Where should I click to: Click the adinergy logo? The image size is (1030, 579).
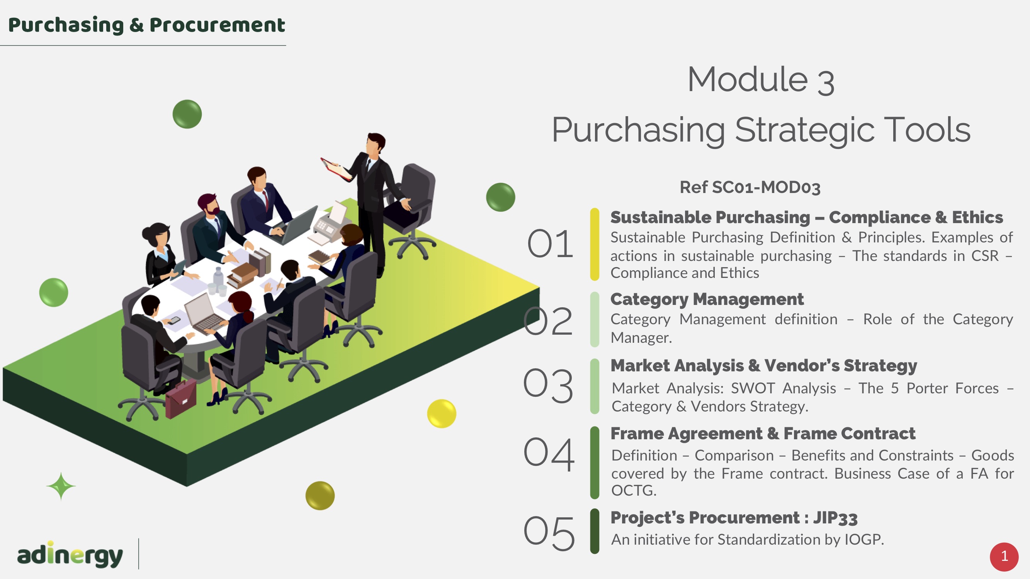[70, 554]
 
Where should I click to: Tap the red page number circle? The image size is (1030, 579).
[1004, 557]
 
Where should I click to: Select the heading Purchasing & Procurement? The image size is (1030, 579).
[146, 25]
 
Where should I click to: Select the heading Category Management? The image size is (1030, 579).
[707, 299]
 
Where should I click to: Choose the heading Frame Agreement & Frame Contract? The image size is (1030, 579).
[763, 433]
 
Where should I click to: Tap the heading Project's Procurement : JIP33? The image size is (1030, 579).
[734, 518]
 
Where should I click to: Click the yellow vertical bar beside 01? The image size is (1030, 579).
[595, 244]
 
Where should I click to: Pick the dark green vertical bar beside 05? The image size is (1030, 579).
[595, 531]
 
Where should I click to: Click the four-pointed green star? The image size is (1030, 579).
[61, 486]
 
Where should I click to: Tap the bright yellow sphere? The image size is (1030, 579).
[442, 413]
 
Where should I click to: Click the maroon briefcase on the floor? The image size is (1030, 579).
[181, 399]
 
